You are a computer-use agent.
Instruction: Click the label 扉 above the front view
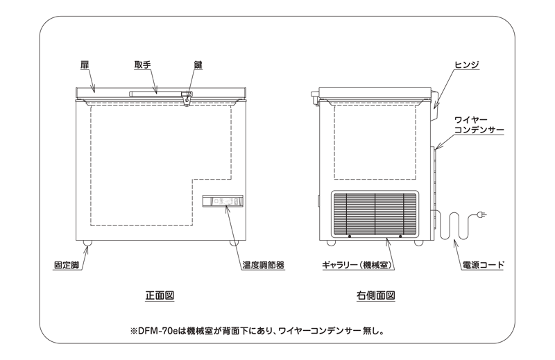pos(85,65)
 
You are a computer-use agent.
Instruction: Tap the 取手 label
pos(143,65)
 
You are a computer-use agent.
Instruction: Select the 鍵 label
pos(198,65)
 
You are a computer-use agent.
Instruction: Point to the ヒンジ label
pos(466,65)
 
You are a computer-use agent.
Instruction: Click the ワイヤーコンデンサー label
pos(479,126)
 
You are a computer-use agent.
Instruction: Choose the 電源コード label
pos(483,265)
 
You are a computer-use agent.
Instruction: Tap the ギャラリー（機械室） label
pos(358,265)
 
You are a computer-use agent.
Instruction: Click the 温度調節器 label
pos(264,265)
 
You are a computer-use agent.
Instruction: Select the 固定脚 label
pos(67,265)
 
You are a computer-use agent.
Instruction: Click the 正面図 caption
pos(160,295)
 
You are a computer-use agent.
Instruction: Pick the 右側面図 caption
pos(375,295)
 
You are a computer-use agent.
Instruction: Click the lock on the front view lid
pos(187,98)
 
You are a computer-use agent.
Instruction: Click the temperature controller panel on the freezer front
pos(223,201)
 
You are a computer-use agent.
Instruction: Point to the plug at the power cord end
pos(481,214)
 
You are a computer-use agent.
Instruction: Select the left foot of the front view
pos(87,243)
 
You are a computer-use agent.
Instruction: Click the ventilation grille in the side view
pos(375,214)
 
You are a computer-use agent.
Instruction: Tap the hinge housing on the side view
pos(435,105)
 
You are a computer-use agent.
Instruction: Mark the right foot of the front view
pos(234,243)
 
